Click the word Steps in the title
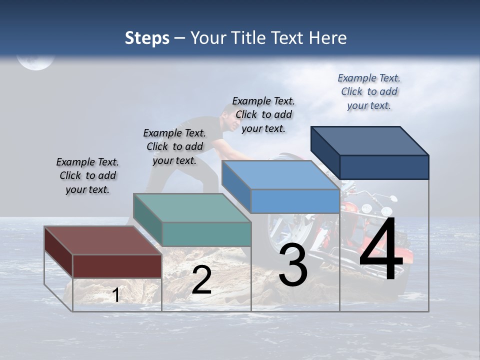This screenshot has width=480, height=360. click(147, 38)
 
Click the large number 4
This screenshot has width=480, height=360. click(381, 249)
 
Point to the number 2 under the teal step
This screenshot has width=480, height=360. click(201, 280)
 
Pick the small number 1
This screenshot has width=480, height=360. click(115, 295)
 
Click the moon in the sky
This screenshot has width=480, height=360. click(35, 61)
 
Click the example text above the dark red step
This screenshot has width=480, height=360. click(87, 175)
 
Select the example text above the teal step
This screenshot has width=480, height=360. click(174, 146)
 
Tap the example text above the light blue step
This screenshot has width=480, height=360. click(263, 114)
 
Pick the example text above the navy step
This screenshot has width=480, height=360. click(369, 91)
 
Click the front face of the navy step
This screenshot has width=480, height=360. click(384, 167)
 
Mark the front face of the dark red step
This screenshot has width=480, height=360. click(117, 266)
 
